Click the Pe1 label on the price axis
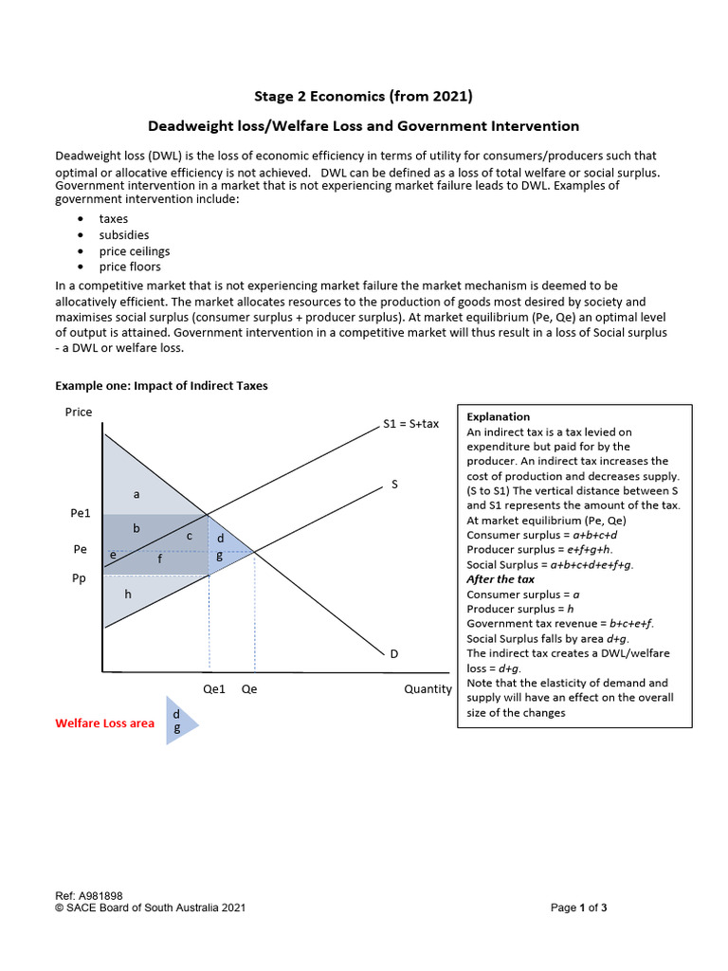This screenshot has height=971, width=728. tap(82, 512)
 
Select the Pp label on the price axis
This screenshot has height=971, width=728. tap(80, 577)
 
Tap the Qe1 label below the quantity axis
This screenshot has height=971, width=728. tap(214, 689)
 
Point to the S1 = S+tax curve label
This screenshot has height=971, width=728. tap(410, 423)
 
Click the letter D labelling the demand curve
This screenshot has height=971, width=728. tap(393, 653)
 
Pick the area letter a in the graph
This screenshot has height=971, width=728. tap(136, 493)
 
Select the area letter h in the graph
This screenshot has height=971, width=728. tap(127, 594)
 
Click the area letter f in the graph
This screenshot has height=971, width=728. tap(159, 559)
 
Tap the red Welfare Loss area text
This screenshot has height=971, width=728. tap(104, 723)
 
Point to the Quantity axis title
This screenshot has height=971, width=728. tap(428, 689)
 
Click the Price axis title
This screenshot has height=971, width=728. tap(79, 412)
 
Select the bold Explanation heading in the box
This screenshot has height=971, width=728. tap(499, 416)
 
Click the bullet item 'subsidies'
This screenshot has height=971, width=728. tap(124, 234)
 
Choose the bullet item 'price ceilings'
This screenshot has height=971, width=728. tap(135, 250)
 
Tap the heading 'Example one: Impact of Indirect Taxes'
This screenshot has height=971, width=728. tap(161, 385)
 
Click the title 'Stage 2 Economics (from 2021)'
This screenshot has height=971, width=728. tap(363, 96)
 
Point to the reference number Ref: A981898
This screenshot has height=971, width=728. tap(89, 895)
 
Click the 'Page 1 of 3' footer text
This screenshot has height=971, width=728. tap(578, 907)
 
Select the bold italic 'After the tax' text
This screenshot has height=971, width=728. tap(500, 578)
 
